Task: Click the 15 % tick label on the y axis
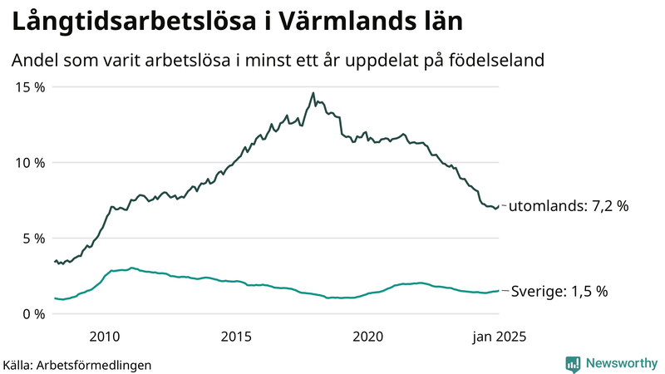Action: pos(30,87)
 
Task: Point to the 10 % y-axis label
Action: pos(30,163)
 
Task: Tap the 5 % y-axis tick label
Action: pos(33,239)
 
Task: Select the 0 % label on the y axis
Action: pos(33,314)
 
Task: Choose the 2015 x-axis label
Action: pos(236,337)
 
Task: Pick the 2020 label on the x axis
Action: pos(368,337)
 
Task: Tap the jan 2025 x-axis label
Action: pos(498,337)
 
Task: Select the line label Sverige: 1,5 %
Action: pos(559,292)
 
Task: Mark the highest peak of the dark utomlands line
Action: pos(313,93)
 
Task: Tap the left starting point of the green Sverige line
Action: pos(55,298)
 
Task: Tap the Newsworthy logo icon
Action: pos(573,363)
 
